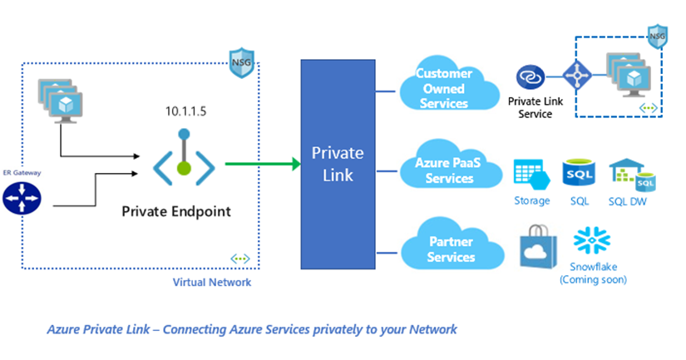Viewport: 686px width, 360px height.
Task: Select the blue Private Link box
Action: point(338,163)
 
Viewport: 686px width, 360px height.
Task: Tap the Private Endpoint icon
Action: point(184,158)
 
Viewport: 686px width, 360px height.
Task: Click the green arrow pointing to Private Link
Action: point(262,164)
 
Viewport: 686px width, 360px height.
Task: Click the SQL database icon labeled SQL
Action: point(579,174)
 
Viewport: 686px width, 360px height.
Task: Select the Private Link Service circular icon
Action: point(529,79)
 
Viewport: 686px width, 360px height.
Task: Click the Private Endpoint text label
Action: point(176,211)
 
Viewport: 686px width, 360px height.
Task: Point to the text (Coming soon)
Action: point(593,279)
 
